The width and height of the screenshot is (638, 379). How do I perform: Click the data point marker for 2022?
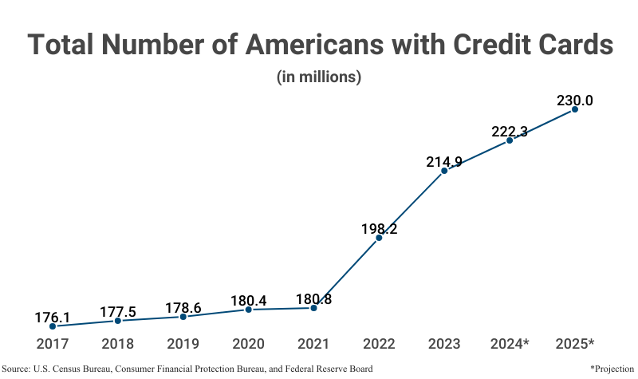379,238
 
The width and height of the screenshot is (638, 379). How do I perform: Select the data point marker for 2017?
53,326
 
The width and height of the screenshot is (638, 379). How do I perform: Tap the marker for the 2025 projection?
574,109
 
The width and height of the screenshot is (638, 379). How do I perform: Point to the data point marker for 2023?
444,171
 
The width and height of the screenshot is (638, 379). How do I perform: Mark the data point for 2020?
248,309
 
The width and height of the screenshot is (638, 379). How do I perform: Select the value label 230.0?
574,101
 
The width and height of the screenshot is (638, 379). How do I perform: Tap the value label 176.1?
53,318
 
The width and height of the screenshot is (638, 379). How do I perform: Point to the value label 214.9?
444,162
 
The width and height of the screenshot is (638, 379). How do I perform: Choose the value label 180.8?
313,300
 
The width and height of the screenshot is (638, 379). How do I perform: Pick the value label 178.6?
183,308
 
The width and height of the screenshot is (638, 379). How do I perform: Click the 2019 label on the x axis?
183,344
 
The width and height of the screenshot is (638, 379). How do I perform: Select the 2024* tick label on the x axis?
510,344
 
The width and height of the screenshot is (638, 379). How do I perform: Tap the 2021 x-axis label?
313,344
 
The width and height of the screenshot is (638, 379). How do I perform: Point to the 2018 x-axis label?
117,344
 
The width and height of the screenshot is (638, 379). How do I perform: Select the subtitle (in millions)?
319,77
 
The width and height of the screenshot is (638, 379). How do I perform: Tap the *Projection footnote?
611,369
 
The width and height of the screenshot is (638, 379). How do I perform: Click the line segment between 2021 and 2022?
346,272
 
